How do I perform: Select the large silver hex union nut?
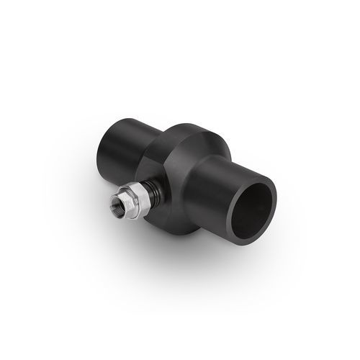tap(133, 203)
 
